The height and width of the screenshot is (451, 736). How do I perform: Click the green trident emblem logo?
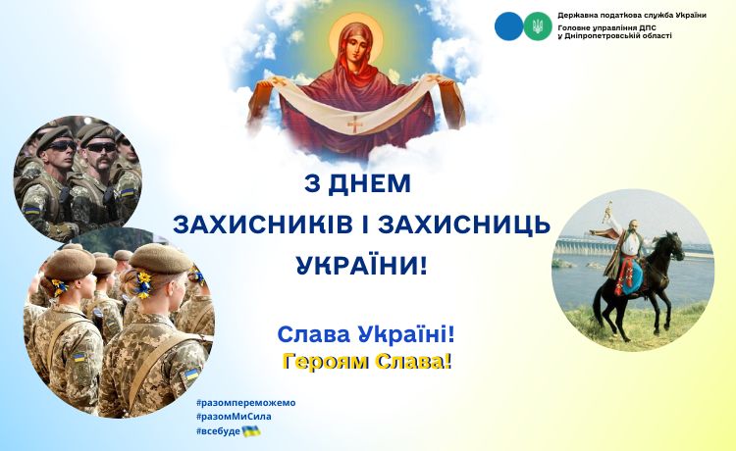[538, 26]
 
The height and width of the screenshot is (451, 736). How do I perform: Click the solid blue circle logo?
[508, 26]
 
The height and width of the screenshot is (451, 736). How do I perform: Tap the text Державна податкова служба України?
[632, 15]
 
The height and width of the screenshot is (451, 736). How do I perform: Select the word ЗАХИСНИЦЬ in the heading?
[464, 225]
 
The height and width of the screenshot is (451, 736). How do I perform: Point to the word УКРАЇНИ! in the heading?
[362, 265]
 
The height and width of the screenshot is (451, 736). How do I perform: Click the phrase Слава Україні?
[366, 335]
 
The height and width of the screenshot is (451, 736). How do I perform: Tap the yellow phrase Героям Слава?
[367, 362]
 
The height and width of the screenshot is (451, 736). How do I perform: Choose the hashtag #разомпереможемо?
[246, 403]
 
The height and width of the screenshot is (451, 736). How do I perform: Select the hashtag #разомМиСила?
[234, 417]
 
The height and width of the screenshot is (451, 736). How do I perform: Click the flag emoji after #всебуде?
[251, 431]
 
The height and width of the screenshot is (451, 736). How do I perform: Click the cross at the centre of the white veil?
[355, 125]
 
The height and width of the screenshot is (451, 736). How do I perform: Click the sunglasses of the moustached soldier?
[100, 147]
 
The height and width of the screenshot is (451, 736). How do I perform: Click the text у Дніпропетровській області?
[614, 35]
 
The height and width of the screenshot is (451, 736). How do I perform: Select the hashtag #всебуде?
[218, 431]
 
